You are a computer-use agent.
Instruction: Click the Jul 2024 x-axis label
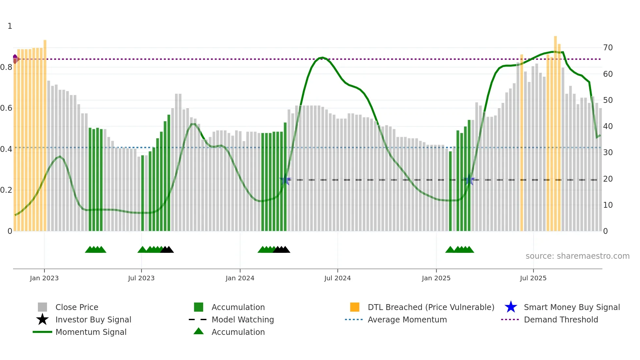pos(337,278)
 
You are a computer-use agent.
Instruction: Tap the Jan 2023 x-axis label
pos(44,278)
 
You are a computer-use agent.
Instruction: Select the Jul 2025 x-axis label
pos(533,278)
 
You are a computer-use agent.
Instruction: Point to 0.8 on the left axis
pos(6,67)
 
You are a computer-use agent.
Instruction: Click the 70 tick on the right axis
pos(608,48)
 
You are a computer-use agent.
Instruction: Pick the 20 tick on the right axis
pos(608,179)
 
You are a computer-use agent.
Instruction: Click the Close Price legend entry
pos(77,307)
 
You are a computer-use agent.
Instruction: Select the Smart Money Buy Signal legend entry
pos(571,307)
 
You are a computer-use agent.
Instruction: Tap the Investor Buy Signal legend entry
pos(93,319)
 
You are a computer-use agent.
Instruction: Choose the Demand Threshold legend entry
pos(561,319)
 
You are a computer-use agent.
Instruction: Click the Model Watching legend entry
pos(243,319)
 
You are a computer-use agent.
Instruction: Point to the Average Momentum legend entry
pos(407,319)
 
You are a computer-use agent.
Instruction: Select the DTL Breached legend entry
pos(431,307)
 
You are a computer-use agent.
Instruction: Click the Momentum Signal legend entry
pos(91,332)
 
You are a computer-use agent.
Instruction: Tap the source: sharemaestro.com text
pos(577,256)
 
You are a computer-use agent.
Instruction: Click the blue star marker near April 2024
pos(285,180)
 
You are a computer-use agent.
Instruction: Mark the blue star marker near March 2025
pos(470,180)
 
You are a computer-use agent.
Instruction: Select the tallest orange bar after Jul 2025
pos(555,131)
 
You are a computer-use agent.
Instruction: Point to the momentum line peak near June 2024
pos(322,57)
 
